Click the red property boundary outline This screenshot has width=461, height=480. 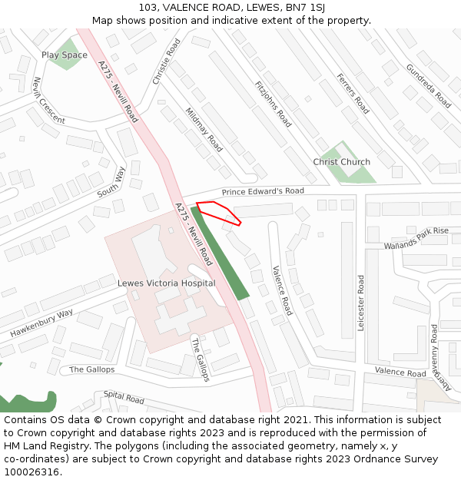(x=219, y=212)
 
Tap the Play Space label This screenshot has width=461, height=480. (x=65, y=55)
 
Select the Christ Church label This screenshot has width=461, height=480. (x=341, y=162)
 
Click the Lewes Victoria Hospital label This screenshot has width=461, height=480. (x=166, y=283)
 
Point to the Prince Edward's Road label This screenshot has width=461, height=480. (x=263, y=191)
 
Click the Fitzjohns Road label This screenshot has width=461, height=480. (x=274, y=104)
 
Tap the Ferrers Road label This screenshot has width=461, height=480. (x=352, y=94)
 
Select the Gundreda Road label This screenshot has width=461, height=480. (x=429, y=85)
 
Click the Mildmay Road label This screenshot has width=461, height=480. (x=204, y=129)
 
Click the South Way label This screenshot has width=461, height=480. (x=111, y=182)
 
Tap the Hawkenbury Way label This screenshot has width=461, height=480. (x=41, y=323)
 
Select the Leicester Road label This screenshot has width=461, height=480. (x=360, y=303)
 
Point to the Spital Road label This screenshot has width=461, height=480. (x=124, y=399)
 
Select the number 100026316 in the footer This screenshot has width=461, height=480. (x=31, y=472)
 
